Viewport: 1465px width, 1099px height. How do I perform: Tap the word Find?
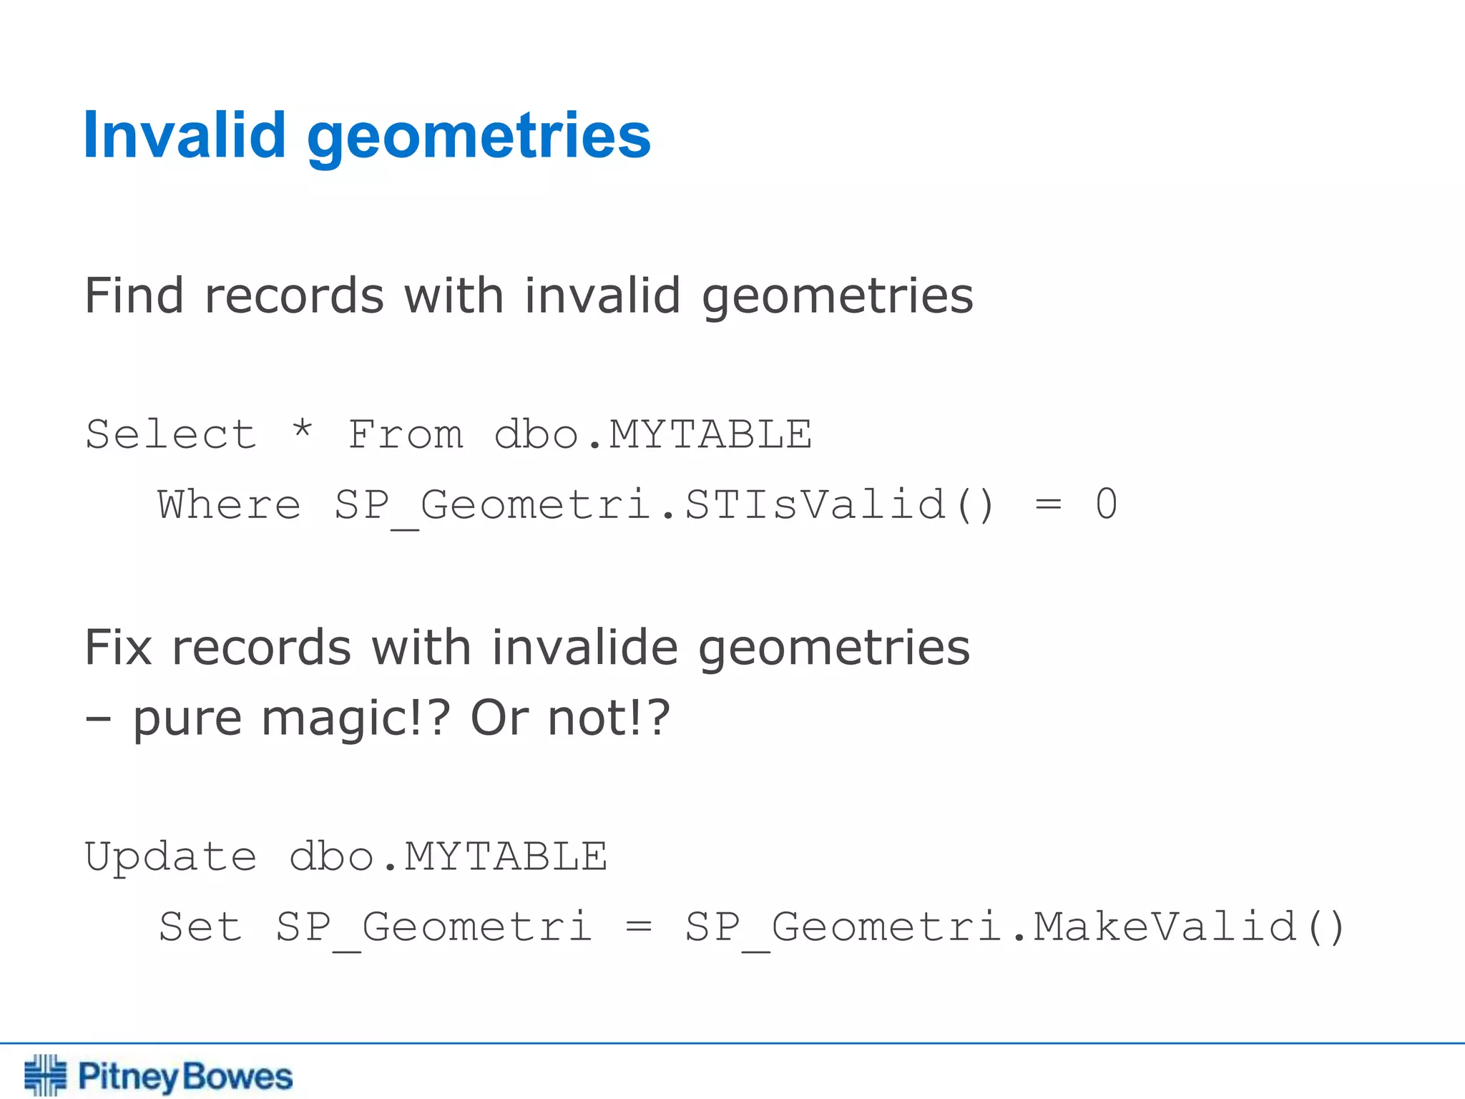tap(134, 295)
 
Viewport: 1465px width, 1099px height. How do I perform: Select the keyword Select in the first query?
tap(171, 434)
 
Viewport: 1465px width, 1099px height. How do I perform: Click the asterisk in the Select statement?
tap(303, 431)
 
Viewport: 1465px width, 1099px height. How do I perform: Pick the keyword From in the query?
tap(406, 434)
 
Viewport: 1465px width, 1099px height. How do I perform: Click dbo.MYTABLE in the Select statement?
tap(653, 434)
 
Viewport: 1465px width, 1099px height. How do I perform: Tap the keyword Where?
tap(230, 504)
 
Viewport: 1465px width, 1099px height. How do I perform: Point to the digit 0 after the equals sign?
tap(1106, 504)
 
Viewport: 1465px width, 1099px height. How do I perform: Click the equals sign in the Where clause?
tap(1048, 505)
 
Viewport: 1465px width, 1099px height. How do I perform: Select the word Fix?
tap(118, 647)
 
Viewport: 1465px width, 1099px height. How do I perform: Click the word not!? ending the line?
tap(609, 717)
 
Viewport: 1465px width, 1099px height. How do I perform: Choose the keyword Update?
tap(171, 857)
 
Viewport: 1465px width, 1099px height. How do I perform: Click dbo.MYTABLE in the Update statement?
tap(449, 856)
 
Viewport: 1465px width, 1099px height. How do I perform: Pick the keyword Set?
tap(200, 927)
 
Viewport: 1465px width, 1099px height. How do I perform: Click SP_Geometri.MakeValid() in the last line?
tap(1015, 928)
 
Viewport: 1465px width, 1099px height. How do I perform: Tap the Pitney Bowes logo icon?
tap(45, 1075)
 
